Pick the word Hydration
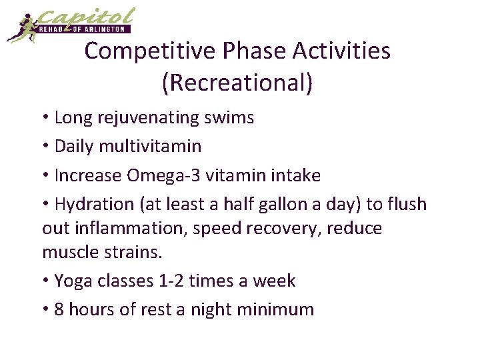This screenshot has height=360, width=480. click(94, 204)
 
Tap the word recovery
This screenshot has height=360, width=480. click(280, 228)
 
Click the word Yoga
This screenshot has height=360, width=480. click(74, 281)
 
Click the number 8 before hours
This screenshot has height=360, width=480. click(59, 309)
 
